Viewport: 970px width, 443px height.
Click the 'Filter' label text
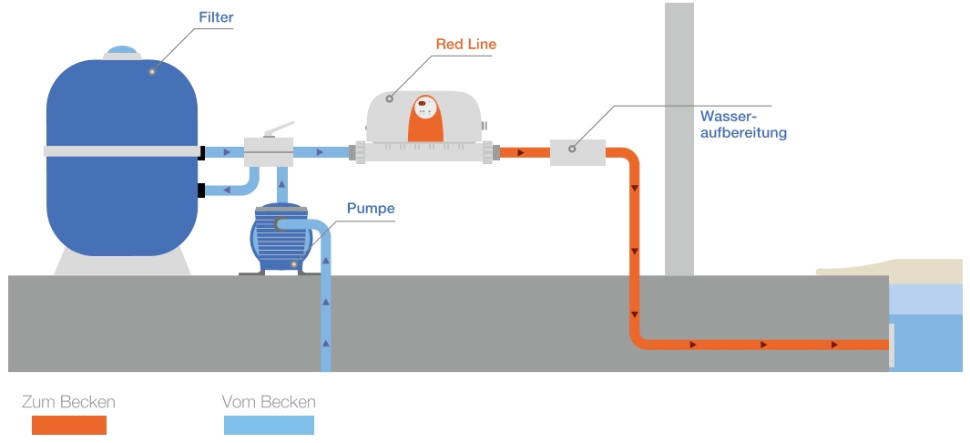coord(216,17)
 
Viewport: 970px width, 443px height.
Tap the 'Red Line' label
coord(465,44)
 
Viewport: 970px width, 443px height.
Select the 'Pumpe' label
coord(371,209)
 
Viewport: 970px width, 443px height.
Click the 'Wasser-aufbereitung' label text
coord(743,124)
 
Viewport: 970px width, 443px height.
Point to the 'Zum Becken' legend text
coord(68,402)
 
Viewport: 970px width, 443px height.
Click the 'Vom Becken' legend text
coord(269,402)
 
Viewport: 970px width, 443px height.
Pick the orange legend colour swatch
coord(69,425)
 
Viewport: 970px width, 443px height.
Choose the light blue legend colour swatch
coord(269,425)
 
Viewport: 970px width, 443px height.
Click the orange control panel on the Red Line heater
coord(425,118)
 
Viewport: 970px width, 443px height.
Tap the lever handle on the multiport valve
coord(279,129)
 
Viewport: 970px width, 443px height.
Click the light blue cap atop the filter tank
coord(122,50)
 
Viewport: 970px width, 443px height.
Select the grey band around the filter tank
coord(122,151)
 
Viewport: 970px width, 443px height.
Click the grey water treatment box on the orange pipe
coord(577,152)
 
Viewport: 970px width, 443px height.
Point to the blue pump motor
coord(281,238)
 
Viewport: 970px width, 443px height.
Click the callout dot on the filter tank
coord(151,72)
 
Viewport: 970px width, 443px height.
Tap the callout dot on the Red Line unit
coord(389,98)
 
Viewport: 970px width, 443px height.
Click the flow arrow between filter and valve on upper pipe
coord(227,152)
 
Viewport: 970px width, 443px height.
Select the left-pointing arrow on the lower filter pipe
coord(227,190)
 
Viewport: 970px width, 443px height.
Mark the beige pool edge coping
coord(890,271)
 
